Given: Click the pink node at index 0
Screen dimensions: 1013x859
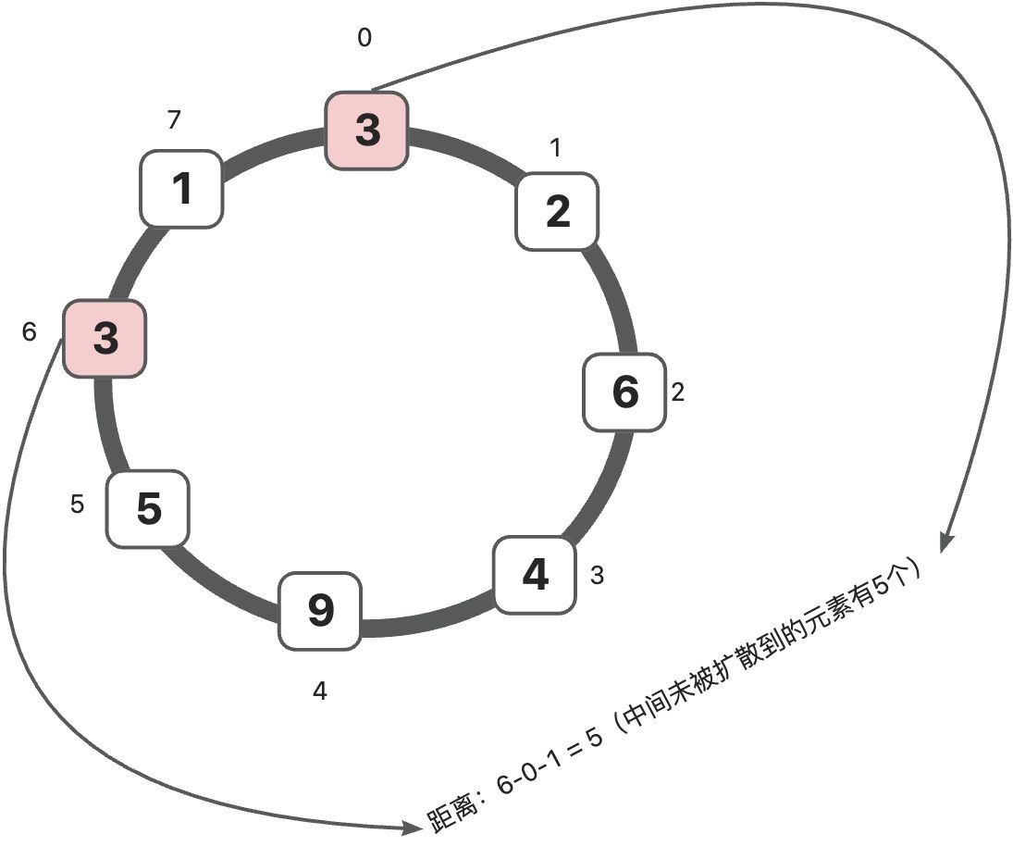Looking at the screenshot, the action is (x=366, y=130).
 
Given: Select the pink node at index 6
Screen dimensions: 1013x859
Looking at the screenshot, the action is (x=105, y=338).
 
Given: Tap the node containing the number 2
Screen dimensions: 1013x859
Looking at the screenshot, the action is (x=557, y=211).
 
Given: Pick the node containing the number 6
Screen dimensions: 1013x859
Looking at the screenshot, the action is (x=624, y=392).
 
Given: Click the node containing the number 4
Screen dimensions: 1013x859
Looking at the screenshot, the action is (x=535, y=574).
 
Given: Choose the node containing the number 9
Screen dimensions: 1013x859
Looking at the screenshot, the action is (x=320, y=611).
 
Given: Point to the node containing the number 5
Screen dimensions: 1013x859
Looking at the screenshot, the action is (x=148, y=509).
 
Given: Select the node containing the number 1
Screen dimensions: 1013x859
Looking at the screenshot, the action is (x=182, y=189).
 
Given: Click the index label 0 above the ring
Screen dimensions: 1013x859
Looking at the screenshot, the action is (x=364, y=38).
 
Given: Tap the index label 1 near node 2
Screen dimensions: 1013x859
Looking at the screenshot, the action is (x=555, y=148).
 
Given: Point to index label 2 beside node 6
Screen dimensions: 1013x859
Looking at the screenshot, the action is (x=678, y=392).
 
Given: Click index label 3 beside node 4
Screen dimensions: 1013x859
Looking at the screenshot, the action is (x=597, y=575).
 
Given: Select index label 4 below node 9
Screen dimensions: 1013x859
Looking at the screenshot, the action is (x=320, y=691).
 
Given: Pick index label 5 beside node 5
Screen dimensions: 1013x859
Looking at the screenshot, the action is (x=78, y=504).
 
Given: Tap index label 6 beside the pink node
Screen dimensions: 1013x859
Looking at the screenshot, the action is (x=30, y=332).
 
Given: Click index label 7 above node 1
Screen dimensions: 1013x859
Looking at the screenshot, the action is (x=174, y=119).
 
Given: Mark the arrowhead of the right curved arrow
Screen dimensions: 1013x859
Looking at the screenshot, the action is (x=945, y=544).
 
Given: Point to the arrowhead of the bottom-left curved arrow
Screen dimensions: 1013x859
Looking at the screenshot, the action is (x=413, y=828).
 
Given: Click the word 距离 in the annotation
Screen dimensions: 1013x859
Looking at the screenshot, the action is (x=451, y=809).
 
